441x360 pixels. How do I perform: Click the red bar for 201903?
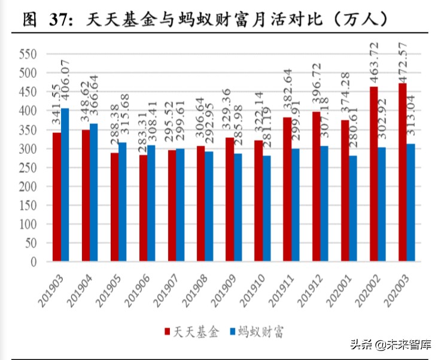point(56,196)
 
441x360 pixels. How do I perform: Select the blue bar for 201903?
point(65,184)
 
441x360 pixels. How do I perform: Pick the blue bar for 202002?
point(382,204)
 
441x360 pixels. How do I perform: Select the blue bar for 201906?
point(151,203)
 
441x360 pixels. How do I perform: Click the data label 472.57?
point(403,60)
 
